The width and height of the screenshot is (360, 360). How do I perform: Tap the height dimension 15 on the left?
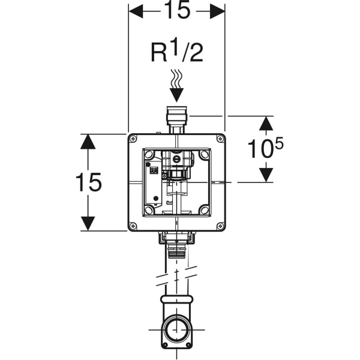[x=88, y=182]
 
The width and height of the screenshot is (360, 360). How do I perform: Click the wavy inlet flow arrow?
[x=176, y=84]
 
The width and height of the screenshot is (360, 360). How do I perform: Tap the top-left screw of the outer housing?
[x=133, y=139]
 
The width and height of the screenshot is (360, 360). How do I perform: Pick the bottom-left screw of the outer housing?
[x=133, y=226]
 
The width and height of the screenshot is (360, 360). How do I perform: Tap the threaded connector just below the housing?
[x=176, y=246]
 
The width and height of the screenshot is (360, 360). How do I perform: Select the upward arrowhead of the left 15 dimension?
[x=88, y=142]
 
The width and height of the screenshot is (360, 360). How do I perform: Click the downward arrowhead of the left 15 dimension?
[x=88, y=223]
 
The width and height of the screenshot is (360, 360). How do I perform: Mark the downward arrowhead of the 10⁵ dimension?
[x=266, y=175]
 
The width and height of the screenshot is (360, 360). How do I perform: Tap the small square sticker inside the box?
[x=153, y=173]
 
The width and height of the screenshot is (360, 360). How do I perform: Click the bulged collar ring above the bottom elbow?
[x=176, y=299]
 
